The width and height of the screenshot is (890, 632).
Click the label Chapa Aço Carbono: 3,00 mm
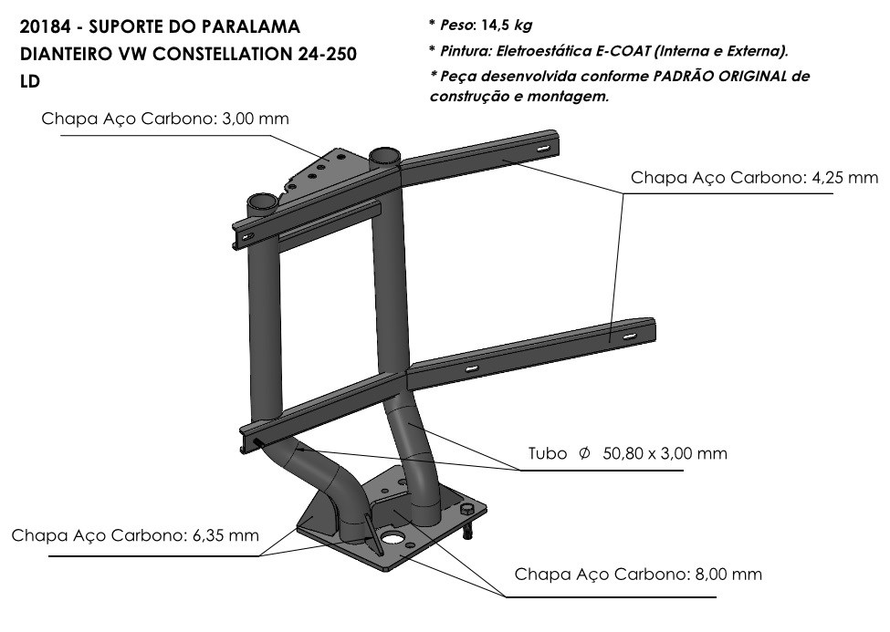point(165,119)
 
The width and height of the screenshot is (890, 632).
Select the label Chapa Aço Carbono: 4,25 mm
point(754,178)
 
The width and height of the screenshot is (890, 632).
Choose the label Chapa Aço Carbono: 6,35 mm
point(135,535)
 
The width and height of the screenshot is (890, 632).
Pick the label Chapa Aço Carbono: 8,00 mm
point(638,574)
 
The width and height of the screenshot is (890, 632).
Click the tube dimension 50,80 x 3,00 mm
point(665,453)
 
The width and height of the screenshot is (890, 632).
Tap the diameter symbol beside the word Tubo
point(584,453)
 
